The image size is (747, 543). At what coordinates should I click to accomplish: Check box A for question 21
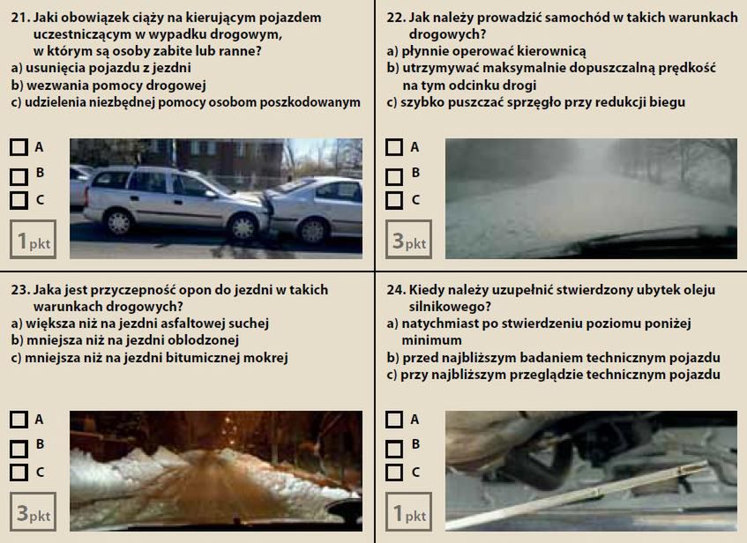pyautogui.click(x=19, y=147)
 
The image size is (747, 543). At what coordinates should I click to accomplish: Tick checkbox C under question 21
pyautogui.click(x=19, y=200)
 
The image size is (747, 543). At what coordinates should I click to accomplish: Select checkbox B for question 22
pyautogui.click(x=394, y=177)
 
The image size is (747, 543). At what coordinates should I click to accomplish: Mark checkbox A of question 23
pyautogui.click(x=19, y=420)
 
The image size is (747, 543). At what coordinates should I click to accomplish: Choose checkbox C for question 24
pyautogui.click(x=394, y=472)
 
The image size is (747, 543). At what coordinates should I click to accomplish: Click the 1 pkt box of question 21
pyautogui.click(x=33, y=240)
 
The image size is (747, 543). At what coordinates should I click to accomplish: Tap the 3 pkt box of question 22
pyautogui.click(x=408, y=240)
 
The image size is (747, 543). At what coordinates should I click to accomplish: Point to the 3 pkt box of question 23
pyautogui.click(x=33, y=511)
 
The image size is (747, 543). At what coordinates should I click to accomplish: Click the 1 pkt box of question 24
pyautogui.click(x=408, y=511)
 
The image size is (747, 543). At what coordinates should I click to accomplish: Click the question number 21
pyautogui.click(x=20, y=18)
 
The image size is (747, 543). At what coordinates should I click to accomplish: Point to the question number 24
pyautogui.click(x=396, y=290)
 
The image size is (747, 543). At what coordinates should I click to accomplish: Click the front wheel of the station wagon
pyautogui.click(x=243, y=227)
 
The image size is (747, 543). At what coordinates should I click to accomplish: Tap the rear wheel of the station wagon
pyautogui.click(x=119, y=221)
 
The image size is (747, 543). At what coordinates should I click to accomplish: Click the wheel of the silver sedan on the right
pyautogui.click(x=312, y=231)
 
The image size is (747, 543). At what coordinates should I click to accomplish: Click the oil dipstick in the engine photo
pyautogui.click(x=577, y=495)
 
